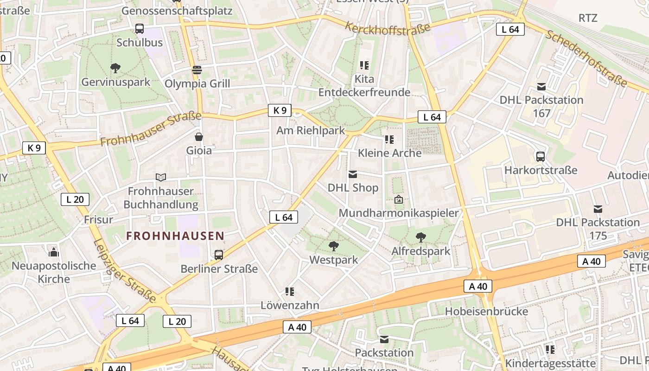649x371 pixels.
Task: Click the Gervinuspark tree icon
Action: [115, 68]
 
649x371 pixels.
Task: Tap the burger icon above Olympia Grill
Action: [197, 70]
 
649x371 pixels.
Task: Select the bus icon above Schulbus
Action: [140, 29]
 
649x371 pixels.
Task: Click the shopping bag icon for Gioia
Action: [199, 137]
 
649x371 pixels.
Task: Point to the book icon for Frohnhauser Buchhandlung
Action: [161, 177]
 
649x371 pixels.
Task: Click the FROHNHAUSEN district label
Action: [175, 236]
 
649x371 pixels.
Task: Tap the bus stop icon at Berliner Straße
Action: [219, 255]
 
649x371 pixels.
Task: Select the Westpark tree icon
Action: [333, 246]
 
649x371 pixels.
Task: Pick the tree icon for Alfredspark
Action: [421, 237]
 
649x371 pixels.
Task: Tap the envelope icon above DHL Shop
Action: [353, 174]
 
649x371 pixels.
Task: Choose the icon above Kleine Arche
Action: [389, 139]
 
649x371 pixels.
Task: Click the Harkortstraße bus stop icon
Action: [541, 156]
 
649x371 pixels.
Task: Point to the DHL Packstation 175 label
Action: [598, 229]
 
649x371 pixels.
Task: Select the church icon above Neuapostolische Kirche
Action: [54, 252]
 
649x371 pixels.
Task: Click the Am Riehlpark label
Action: [311, 130]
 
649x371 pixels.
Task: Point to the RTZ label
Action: [588, 18]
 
